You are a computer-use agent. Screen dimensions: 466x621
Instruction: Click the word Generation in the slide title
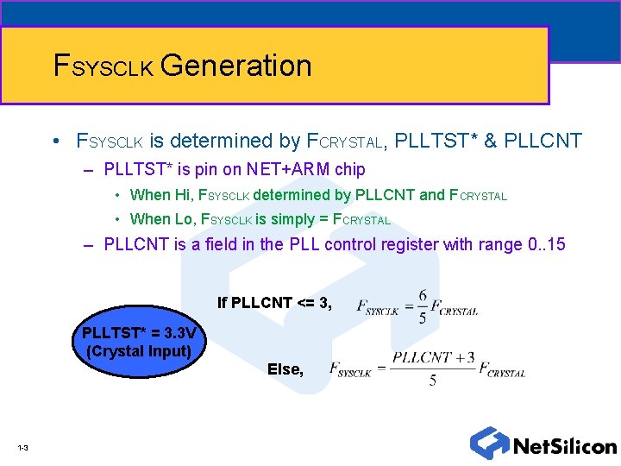(x=235, y=66)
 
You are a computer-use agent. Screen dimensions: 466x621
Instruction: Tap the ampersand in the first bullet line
(x=491, y=141)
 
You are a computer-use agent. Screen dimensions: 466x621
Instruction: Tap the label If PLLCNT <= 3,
(x=274, y=303)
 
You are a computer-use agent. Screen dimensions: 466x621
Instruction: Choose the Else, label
(x=285, y=369)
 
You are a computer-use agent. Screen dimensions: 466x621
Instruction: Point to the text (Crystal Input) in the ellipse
(x=139, y=350)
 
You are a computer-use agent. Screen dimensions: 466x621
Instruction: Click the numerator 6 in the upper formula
(x=422, y=295)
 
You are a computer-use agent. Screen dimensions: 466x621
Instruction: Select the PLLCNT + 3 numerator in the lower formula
(x=433, y=357)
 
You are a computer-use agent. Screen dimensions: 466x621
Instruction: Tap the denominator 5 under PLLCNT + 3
(x=432, y=381)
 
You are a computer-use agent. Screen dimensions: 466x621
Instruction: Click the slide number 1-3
(x=22, y=448)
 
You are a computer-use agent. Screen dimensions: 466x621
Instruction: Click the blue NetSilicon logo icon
(x=489, y=443)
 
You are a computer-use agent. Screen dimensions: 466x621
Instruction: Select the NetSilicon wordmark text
(x=565, y=446)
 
